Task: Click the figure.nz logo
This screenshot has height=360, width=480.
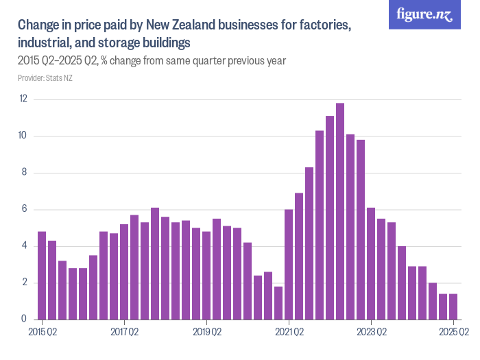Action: [x=424, y=14]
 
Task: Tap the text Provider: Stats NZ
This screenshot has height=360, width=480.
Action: [x=45, y=78]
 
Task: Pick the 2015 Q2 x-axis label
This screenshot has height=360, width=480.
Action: [x=42, y=333]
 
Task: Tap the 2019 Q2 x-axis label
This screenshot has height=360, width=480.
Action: [x=206, y=333]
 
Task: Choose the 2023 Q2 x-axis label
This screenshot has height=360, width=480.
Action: [x=371, y=333]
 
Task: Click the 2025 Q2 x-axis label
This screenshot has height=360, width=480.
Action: [x=453, y=333]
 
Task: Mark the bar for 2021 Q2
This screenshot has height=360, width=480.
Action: [x=289, y=265]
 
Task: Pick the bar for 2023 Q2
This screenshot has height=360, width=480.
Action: [x=371, y=263]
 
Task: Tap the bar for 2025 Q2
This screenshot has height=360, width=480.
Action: [x=453, y=307]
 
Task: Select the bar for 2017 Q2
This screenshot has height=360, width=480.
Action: [x=124, y=272]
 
